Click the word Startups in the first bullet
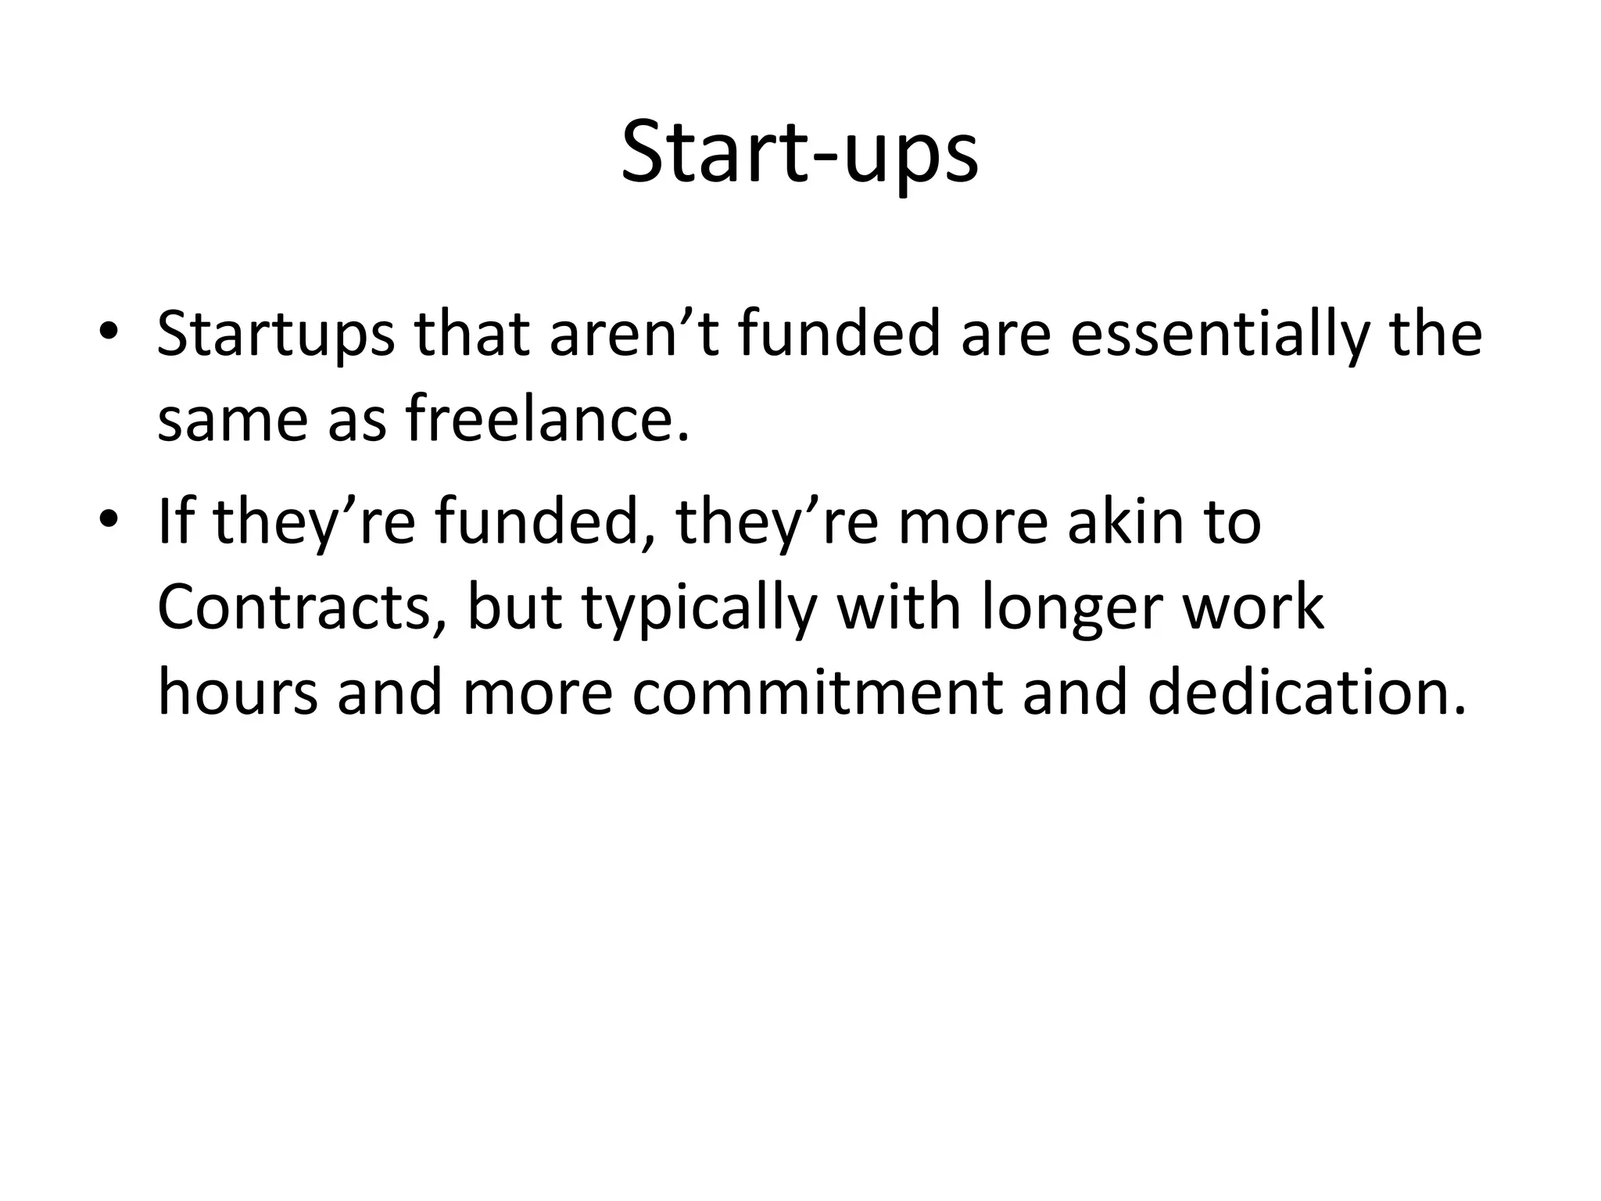tap(276, 335)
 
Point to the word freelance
tap(547, 419)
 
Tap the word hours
tap(238, 693)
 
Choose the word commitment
tap(817, 693)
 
